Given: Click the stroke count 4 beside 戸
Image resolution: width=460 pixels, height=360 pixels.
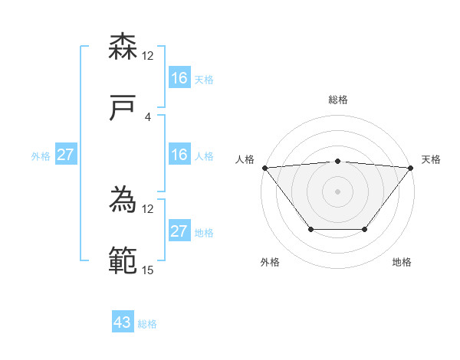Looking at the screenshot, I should pos(148,116).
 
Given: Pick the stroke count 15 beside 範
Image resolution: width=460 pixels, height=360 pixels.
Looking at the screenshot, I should pos(148,270).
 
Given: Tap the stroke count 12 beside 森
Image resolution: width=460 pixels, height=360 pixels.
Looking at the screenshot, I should pos(148,56).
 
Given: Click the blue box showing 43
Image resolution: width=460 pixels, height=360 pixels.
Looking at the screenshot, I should pos(123,322).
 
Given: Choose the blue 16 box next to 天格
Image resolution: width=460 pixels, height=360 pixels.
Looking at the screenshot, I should pos(179,78).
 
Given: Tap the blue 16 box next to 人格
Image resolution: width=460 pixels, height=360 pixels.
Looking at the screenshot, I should pos(179,155).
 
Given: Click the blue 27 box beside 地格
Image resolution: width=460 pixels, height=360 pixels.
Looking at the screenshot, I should pos(179,231).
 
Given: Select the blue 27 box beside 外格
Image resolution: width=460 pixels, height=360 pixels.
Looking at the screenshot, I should pos(65,155).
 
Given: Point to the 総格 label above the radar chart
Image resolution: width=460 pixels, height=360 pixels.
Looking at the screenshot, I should pos(338,100).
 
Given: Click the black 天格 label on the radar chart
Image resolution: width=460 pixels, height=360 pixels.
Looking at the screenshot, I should pos(431,159).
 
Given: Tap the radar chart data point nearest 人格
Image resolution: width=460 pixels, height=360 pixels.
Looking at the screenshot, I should pos(264,167).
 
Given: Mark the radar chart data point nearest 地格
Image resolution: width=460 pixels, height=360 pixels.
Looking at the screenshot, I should pos(365,229).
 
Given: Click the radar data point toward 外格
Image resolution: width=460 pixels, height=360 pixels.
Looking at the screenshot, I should pos(310,229).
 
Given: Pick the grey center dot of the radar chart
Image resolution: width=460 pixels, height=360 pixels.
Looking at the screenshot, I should pos(337,191).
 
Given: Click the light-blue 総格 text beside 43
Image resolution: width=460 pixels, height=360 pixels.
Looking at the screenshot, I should pos(147,323).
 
